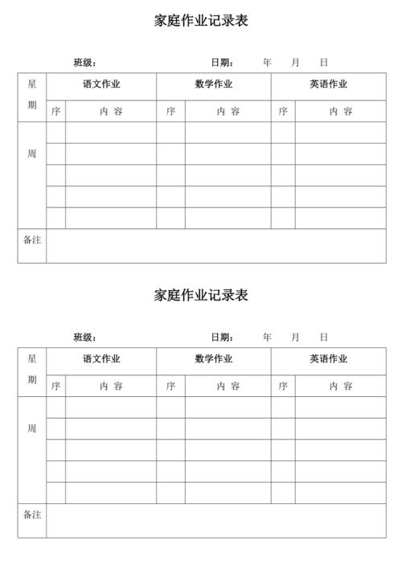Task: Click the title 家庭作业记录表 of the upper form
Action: [201, 21]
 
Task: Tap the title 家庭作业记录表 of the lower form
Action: [201, 295]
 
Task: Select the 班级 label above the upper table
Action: [84, 63]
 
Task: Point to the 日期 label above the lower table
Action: [222, 338]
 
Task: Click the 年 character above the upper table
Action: [267, 63]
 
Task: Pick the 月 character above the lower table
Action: [295, 338]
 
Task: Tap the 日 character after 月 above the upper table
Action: [323, 63]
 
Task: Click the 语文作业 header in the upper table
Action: [101, 84]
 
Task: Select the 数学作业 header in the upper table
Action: [214, 84]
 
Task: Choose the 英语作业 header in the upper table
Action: [329, 84]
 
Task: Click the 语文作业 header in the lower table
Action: [101, 359]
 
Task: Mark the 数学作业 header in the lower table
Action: [214, 359]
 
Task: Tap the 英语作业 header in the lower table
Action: [329, 359]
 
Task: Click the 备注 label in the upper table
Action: [32, 239]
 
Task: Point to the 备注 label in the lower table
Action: [32, 514]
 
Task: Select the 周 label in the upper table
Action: [32, 154]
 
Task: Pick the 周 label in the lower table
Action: [32, 429]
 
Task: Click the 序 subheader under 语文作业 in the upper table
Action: [55, 112]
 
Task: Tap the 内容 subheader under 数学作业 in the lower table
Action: [228, 387]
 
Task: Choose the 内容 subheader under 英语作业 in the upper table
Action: [340, 112]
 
